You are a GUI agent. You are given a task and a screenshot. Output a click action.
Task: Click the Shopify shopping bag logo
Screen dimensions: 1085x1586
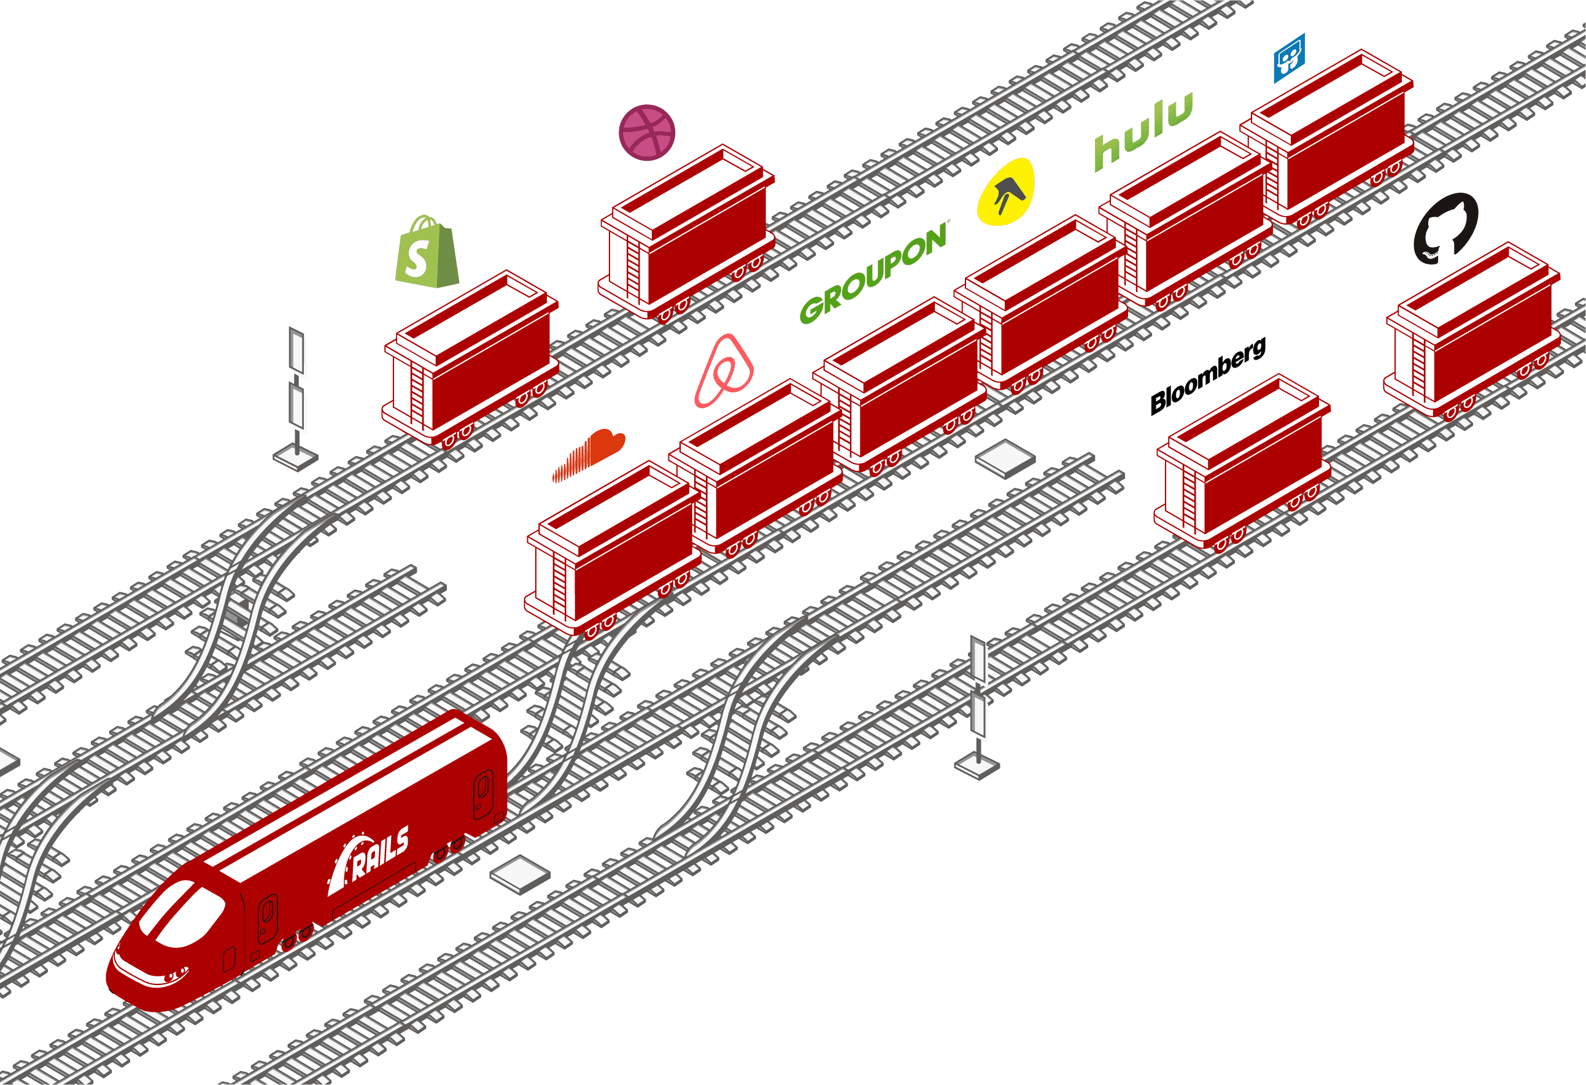[427, 253]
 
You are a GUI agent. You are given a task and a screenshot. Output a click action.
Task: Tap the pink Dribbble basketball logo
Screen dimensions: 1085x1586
[646, 133]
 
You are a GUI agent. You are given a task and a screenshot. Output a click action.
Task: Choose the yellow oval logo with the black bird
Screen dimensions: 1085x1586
[1006, 191]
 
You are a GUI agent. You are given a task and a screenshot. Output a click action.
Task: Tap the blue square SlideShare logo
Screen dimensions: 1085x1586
[1289, 58]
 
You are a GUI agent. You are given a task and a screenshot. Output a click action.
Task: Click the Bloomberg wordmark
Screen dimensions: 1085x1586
[1208, 376]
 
